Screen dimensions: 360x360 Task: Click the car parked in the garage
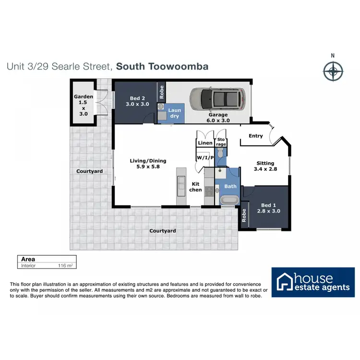pos(216,100)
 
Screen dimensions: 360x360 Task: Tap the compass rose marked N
pos(332,72)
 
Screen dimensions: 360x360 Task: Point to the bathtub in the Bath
pos(229,200)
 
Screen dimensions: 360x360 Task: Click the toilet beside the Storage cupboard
pos(220,154)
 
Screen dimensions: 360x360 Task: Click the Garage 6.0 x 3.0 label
pos(217,118)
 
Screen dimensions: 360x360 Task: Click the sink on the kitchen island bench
pos(181,183)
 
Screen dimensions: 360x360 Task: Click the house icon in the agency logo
pos(284,282)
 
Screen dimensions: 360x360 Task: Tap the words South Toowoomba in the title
pos(162,66)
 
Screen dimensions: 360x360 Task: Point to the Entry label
pos(255,136)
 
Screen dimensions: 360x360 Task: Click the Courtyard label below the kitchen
pos(162,231)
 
